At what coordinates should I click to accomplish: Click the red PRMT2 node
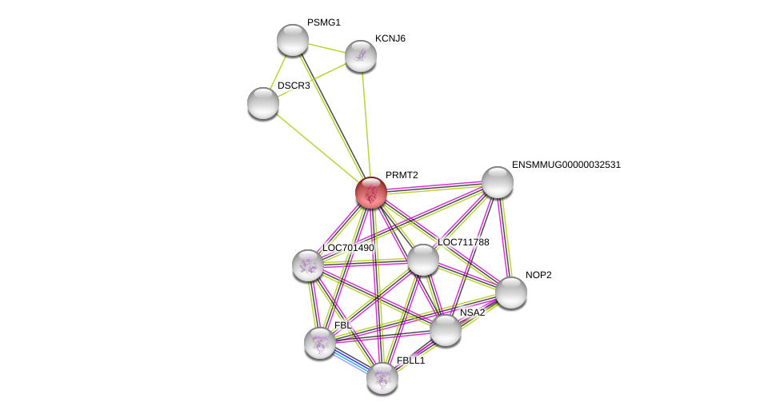pyautogui.click(x=371, y=193)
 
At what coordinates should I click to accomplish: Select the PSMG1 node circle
pyautogui.click(x=293, y=40)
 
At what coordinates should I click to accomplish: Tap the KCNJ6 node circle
pyautogui.click(x=361, y=56)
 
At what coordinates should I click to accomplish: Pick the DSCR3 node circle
pyautogui.click(x=263, y=103)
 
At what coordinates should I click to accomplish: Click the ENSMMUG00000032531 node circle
pyautogui.click(x=498, y=182)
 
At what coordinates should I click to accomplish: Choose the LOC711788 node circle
pyautogui.click(x=423, y=260)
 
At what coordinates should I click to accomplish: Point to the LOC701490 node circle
pyautogui.click(x=308, y=265)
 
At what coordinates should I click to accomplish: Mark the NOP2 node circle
pyautogui.click(x=511, y=293)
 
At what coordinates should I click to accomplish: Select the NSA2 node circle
pyautogui.click(x=446, y=330)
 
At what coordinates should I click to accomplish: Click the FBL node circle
pyautogui.click(x=320, y=343)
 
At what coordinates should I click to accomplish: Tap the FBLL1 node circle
pyautogui.click(x=382, y=378)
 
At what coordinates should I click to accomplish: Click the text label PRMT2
pyautogui.click(x=402, y=175)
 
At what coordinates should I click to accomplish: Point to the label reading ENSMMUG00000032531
pyautogui.click(x=566, y=165)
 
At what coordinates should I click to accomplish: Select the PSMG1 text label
pyautogui.click(x=323, y=22)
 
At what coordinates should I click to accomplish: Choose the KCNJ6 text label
pyautogui.click(x=390, y=38)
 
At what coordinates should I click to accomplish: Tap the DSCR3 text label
pyautogui.click(x=294, y=86)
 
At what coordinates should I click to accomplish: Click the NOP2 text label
pyautogui.click(x=538, y=275)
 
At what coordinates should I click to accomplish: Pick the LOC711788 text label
pyautogui.click(x=463, y=242)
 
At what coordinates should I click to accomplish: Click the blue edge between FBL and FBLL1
pyautogui.click(x=351, y=360)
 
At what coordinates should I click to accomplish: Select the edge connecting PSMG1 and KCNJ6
pyautogui.click(x=326, y=48)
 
